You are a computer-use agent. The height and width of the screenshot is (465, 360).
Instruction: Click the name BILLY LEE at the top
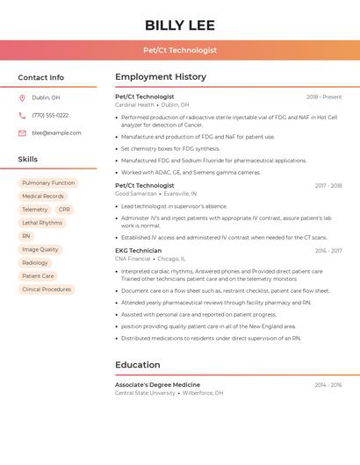180,25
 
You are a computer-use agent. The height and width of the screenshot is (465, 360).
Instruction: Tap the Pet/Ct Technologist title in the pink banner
180,50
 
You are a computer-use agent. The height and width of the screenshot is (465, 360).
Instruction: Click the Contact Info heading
40,77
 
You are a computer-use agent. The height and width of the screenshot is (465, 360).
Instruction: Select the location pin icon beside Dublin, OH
22,97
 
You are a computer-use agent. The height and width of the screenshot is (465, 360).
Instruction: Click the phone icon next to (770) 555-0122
22,115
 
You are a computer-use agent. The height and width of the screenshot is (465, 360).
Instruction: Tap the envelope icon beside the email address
22,132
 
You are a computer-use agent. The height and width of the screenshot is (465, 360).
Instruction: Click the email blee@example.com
56,132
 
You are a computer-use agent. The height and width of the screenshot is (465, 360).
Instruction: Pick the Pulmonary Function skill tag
48,182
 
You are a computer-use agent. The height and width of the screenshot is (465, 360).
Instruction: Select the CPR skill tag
64,210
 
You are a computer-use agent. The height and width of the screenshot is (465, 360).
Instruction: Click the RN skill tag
26,236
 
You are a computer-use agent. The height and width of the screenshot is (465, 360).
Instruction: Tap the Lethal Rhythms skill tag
42,223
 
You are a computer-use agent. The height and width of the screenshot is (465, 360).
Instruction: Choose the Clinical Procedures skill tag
47,289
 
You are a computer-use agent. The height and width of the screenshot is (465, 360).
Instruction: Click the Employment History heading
161,77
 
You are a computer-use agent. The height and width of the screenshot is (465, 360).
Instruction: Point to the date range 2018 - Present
324,97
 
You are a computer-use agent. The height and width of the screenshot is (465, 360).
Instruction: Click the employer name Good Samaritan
135,193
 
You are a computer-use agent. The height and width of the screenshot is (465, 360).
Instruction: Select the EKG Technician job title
139,251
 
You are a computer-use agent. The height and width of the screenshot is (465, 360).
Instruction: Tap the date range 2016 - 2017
328,251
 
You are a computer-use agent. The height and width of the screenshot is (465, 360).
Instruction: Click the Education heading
138,364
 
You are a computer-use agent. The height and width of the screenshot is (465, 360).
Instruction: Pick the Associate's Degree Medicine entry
157,384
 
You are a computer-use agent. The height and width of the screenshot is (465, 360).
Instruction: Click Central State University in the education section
145,393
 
